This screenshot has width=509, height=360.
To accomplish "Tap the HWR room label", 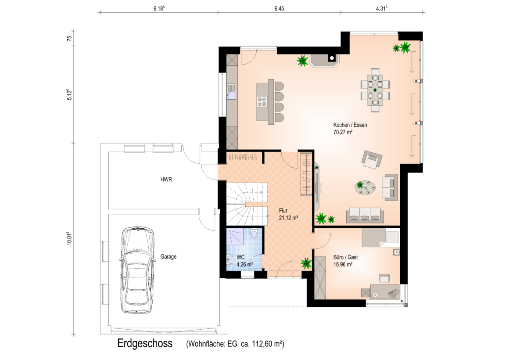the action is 166,180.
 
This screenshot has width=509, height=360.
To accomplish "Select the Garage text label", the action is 168,257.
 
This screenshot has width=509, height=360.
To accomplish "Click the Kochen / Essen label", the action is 350,125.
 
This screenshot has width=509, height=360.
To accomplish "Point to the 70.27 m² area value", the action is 343,132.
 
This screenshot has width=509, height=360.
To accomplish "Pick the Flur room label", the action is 283,211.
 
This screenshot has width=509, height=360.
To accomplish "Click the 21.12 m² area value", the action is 289,218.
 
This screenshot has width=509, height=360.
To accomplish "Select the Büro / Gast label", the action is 346,257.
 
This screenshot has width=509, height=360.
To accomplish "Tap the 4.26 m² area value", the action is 245,264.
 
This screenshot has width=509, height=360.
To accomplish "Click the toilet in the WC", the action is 254,233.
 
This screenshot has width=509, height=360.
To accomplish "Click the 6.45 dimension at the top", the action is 279,9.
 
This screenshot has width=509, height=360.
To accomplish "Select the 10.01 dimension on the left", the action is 69,238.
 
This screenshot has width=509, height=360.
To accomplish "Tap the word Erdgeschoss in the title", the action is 145,343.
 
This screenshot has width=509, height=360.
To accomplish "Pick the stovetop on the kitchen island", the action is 262,102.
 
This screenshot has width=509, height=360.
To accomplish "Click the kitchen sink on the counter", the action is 231,92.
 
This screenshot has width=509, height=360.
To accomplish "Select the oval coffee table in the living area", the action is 365,187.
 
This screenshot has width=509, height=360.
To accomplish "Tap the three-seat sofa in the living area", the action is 365,215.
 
